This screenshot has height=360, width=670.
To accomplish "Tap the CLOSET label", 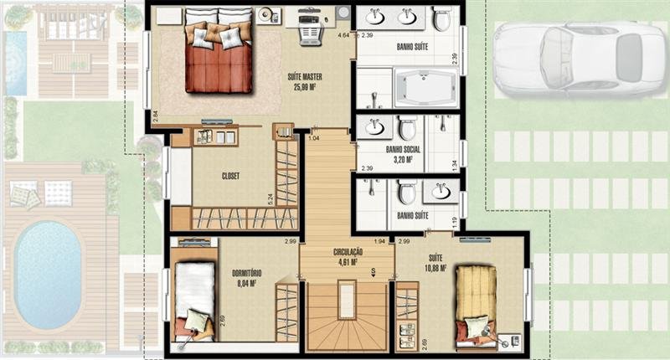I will point(232,177).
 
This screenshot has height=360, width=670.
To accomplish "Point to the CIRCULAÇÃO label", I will point(348,251).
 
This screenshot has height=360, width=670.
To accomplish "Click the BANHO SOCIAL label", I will point(403,149).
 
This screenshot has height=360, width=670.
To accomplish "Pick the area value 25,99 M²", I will point(308,86).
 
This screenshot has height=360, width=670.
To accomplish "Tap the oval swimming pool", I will point(49,275).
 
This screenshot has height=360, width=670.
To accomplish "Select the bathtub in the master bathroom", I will point(425,88).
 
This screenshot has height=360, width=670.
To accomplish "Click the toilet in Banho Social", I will point(407,127).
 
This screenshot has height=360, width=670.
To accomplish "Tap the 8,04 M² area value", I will point(246,283).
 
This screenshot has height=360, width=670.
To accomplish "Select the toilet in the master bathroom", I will point(441,18).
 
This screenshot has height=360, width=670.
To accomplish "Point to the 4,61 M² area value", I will point(348,261).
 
